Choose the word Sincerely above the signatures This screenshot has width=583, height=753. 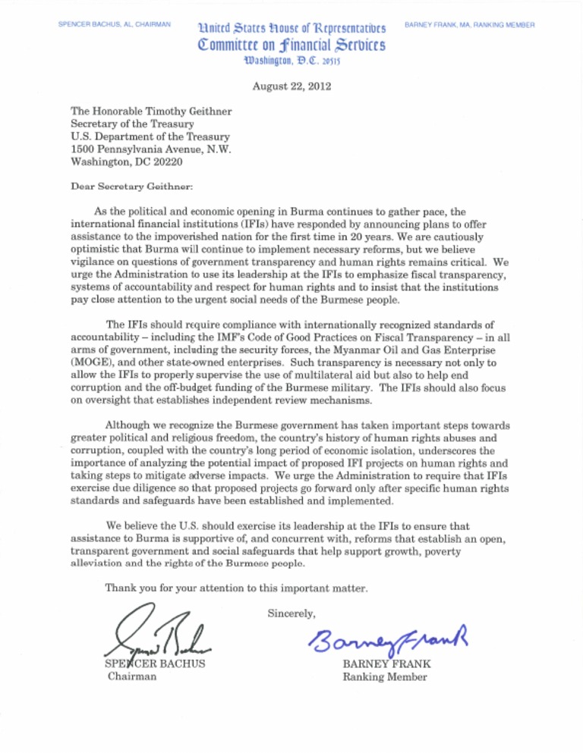tap(293, 610)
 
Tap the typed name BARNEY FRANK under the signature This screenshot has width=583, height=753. tap(386, 664)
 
